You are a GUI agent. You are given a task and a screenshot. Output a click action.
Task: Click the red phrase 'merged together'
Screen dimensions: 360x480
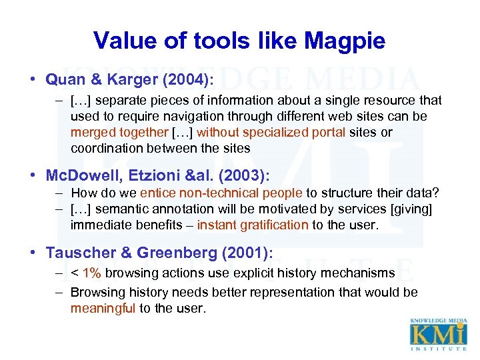click(119, 132)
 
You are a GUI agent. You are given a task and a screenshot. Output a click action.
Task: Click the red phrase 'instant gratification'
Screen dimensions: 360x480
click(253, 225)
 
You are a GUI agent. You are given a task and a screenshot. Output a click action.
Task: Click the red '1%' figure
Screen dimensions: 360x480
click(92, 273)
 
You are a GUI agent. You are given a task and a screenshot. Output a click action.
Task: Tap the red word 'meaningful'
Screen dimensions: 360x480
click(103, 308)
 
